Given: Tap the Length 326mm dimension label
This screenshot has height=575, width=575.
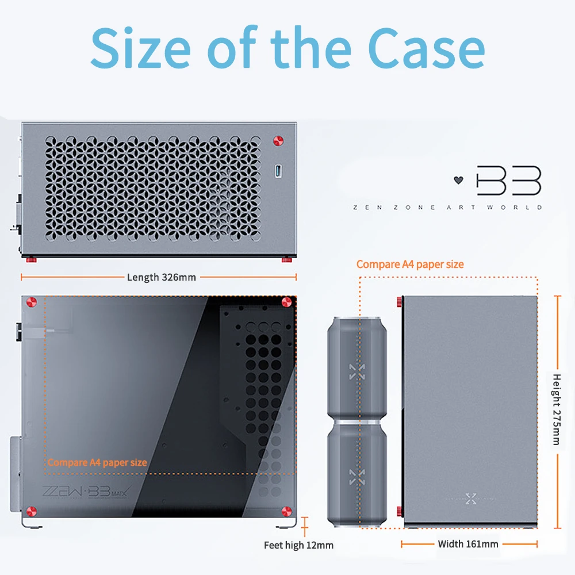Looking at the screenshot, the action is pos(161,277).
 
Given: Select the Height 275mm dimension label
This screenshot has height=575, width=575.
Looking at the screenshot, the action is pos(556,409).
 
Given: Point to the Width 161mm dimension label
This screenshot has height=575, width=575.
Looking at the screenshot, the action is pos(468,544).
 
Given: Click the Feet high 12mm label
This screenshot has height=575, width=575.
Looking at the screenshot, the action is pos(298,545).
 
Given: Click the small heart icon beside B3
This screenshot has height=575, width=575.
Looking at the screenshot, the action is pos(458,180).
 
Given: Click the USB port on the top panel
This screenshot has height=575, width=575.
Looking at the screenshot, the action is pos(279,171).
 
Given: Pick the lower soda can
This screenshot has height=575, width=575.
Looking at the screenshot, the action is pos(357,474).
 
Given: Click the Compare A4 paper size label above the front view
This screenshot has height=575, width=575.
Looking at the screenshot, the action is pos(410,264).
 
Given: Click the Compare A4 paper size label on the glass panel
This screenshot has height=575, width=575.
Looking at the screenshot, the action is pos(97,462).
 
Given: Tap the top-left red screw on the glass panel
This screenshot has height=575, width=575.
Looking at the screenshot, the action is pos(32,301).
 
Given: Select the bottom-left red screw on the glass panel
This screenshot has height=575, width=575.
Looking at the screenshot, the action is pos(32,510).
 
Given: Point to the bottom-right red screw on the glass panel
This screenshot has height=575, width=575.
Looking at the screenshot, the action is pos(286,510).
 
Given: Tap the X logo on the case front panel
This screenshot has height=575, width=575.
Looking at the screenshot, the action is pos(471,497).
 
